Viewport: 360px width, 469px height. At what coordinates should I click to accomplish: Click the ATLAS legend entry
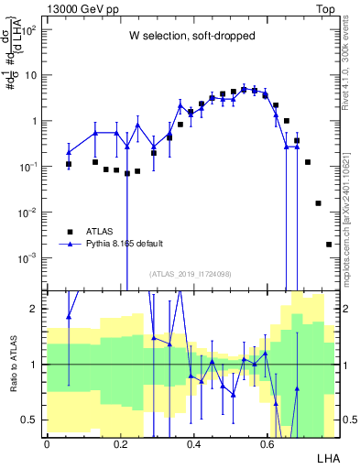pos(100,232)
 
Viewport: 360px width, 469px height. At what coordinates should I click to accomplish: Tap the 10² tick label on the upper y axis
pos(30,30)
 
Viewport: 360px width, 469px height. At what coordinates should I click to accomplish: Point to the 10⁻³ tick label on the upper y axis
pos(30,258)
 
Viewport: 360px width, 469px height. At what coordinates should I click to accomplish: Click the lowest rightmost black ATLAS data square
pos(329,245)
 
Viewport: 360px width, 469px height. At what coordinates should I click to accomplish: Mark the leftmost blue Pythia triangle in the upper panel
pos(69,152)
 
